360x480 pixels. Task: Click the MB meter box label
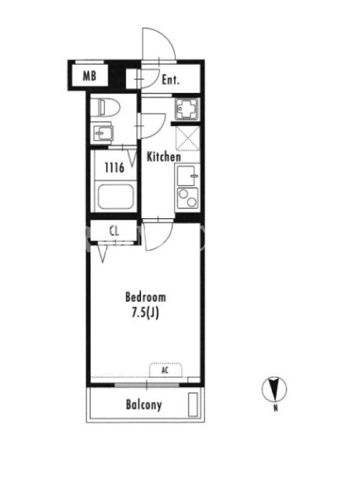pyautogui.click(x=89, y=76)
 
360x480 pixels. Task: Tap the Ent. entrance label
pyautogui.click(x=170, y=80)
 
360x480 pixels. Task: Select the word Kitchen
pyautogui.click(x=164, y=157)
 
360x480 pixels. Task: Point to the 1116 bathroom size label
pyautogui.click(x=115, y=167)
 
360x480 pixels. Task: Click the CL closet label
pyautogui.click(x=114, y=231)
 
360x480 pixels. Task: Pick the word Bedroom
pyautogui.click(x=146, y=297)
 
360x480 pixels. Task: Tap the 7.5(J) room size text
pyautogui.click(x=145, y=313)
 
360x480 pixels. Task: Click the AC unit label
pyautogui.click(x=165, y=370)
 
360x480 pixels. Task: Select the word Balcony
pyautogui.click(x=144, y=404)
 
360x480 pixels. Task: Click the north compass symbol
pyautogui.click(x=274, y=389)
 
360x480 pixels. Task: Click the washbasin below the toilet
pyautogui.click(x=103, y=133)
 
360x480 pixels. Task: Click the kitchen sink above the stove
pyautogui.click(x=186, y=176)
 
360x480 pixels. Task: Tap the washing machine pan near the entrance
pyautogui.click(x=187, y=109)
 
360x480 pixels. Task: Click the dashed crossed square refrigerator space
pyautogui.click(x=188, y=139)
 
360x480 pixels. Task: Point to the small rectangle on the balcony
pyautogui.click(x=193, y=404)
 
